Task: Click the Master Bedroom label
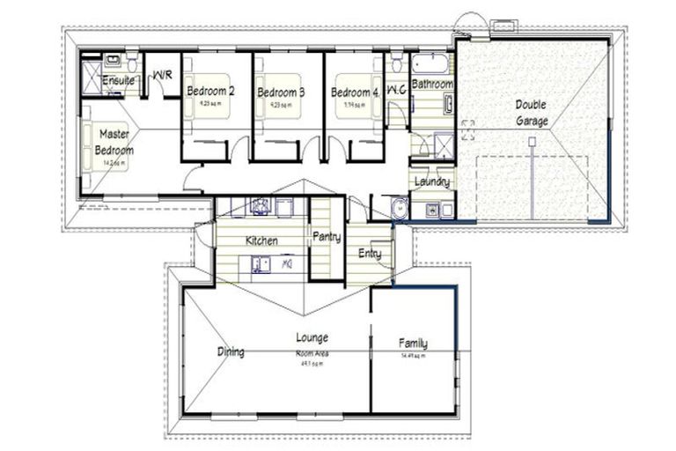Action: pyautogui.click(x=114, y=142)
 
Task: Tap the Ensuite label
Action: pyautogui.click(x=118, y=81)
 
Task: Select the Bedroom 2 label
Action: pyautogui.click(x=211, y=91)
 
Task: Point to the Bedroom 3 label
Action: pyautogui.click(x=281, y=92)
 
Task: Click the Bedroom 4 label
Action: pyautogui.click(x=355, y=92)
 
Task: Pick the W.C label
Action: pyautogui.click(x=395, y=89)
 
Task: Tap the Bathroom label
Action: pyautogui.click(x=432, y=85)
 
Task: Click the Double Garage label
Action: pyautogui.click(x=531, y=113)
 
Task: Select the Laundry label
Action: pyautogui.click(x=432, y=182)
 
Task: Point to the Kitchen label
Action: pyautogui.click(x=261, y=240)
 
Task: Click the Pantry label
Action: pyautogui.click(x=327, y=237)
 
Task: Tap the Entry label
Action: pyautogui.click(x=369, y=253)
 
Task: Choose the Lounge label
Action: pyautogui.click(x=312, y=337)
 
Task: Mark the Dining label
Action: pyautogui.click(x=231, y=352)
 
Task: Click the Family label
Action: pyautogui.click(x=413, y=344)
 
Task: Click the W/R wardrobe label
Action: pyautogui.click(x=162, y=77)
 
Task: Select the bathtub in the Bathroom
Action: pyautogui.click(x=431, y=64)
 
